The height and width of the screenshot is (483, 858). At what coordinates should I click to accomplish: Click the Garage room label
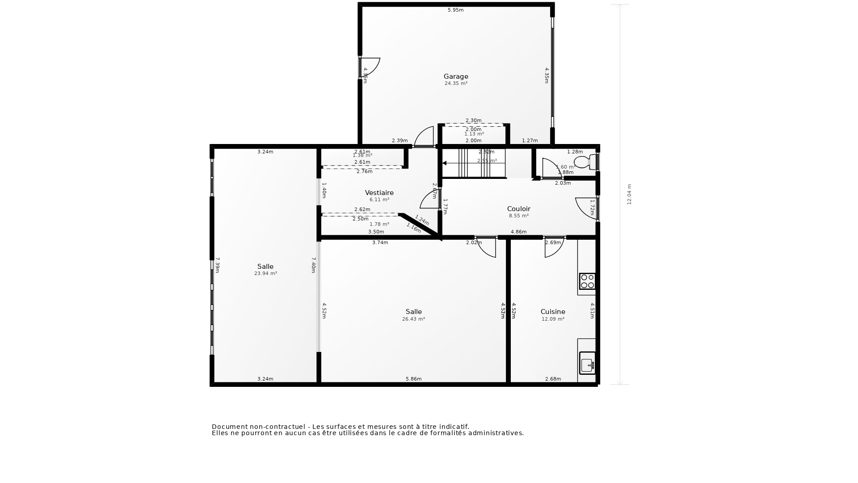click(x=456, y=76)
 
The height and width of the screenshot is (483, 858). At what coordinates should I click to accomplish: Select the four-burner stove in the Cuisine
click(x=587, y=281)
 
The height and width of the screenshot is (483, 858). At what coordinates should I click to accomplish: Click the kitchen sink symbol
click(x=587, y=363)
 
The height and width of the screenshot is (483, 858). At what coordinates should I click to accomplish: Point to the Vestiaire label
click(x=379, y=193)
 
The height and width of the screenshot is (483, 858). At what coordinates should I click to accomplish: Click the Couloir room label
click(x=518, y=209)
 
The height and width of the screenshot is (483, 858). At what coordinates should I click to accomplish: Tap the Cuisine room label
click(x=553, y=312)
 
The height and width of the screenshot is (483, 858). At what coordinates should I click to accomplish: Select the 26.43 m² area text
click(x=413, y=319)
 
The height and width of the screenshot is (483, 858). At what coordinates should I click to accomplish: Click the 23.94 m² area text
click(x=265, y=273)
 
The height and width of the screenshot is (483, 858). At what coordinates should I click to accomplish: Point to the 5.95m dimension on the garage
click(x=455, y=10)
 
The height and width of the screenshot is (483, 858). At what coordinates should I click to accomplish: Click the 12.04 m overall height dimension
click(x=629, y=195)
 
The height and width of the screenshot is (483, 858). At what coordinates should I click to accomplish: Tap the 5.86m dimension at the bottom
click(x=413, y=379)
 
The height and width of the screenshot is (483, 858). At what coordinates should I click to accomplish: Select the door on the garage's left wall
click(x=370, y=67)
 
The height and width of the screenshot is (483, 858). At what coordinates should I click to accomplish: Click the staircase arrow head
click(x=445, y=163)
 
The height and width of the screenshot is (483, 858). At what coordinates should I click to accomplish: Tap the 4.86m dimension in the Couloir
click(x=518, y=232)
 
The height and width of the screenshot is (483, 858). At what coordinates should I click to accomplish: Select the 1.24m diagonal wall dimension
click(x=422, y=220)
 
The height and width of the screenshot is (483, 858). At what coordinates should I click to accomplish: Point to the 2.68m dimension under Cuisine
click(x=553, y=379)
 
